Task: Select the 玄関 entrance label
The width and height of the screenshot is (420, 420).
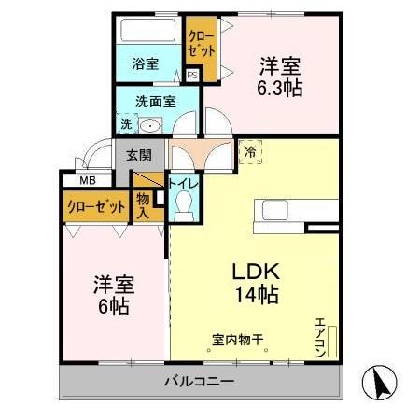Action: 139,155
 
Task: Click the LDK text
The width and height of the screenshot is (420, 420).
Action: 256,273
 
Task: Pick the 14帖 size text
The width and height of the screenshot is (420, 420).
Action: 256,294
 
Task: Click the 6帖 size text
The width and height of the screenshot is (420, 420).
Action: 111,305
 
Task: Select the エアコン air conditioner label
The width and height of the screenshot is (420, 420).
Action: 321,333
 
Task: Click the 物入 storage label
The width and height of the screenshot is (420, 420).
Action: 143,204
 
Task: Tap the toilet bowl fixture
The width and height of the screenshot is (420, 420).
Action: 183,207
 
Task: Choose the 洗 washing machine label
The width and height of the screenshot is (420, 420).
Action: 124,123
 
